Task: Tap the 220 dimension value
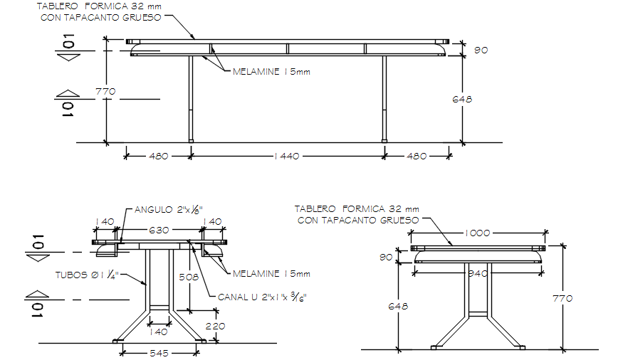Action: pyautogui.click(x=214, y=326)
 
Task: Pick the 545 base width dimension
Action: pyautogui.click(x=159, y=353)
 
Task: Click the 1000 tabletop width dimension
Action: pyautogui.click(x=481, y=233)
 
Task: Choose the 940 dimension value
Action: pyautogui.click(x=478, y=272)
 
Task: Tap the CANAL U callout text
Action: pyautogui.click(x=264, y=296)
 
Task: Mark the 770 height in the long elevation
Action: pyautogui.click(x=105, y=91)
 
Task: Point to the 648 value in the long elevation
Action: pyautogui.click(x=462, y=99)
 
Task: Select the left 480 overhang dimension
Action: pyautogui.click(x=157, y=156)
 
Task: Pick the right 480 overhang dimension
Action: pyautogui.click(x=417, y=156)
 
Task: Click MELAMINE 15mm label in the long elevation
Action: pyautogui.click(x=271, y=71)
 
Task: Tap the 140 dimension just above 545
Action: pyautogui.click(x=159, y=331)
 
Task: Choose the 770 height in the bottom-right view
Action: pyautogui.click(x=562, y=299)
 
